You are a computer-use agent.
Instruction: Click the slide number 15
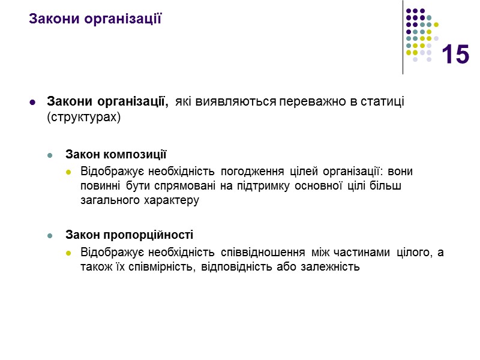point(455,55)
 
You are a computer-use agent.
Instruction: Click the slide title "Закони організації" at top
point(96,18)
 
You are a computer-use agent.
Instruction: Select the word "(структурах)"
point(83,117)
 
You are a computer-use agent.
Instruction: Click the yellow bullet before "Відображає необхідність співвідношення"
point(68,253)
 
